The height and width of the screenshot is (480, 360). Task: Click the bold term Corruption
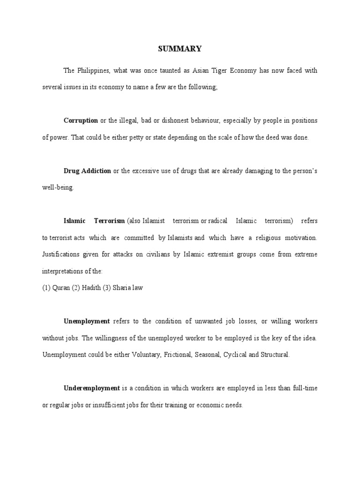click(81, 120)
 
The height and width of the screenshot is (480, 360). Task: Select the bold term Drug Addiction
click(87, 171)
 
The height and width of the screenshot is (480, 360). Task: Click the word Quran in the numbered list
click(60, 288)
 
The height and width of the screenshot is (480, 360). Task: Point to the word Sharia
click(121, 288)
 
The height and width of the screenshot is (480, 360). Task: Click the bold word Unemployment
click(87, 321)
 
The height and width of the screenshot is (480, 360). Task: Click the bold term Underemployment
click(92, 388)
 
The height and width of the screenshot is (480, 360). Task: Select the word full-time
click(302, 388)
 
